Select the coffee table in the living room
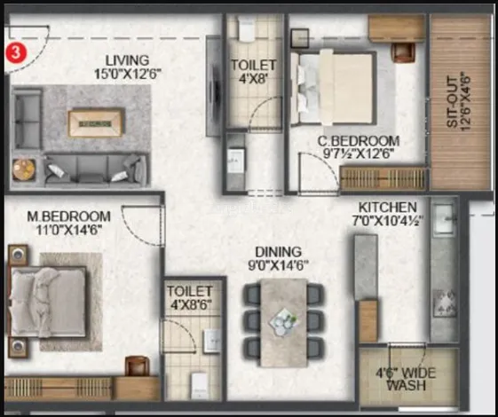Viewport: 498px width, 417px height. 97,122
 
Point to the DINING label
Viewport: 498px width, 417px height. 278,251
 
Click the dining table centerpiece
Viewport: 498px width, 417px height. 284,319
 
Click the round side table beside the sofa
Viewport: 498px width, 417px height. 25,168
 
